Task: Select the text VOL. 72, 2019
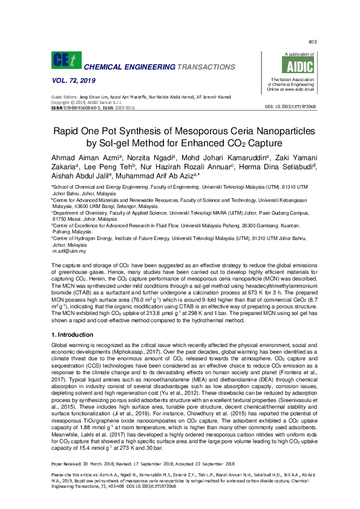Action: [x=71, y=80]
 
